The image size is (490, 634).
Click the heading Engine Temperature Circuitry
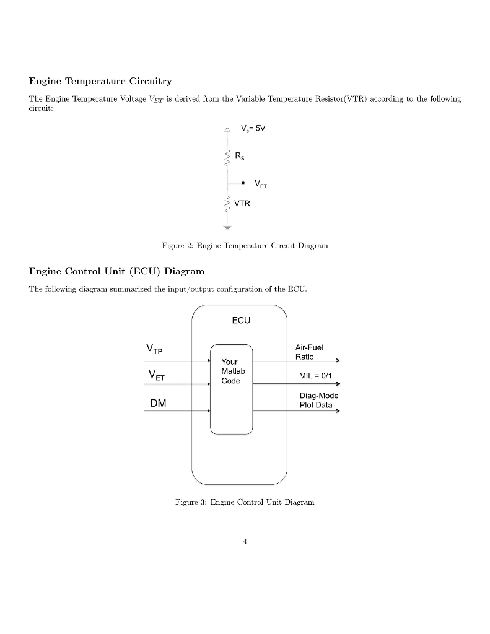click(x=100, y=81)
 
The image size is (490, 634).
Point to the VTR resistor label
click(x=242, y=202)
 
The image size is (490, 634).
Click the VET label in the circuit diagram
click(x=263, y=184)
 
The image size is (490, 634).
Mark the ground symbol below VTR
click(x=229, y=227)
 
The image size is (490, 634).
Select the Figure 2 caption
click(x=245, y=246)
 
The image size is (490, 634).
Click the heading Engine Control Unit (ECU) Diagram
click(x=116, y=271)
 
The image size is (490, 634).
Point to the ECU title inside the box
click(x=241, y=321)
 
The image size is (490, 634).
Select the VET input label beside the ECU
click(x=156, y=375)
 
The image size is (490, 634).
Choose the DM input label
click(x=157, y=403)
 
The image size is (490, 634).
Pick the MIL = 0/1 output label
click(x=315, y=375)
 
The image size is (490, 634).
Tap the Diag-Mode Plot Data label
click(x=315, y=400)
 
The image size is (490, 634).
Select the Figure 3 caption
click(x=245, y=502)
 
